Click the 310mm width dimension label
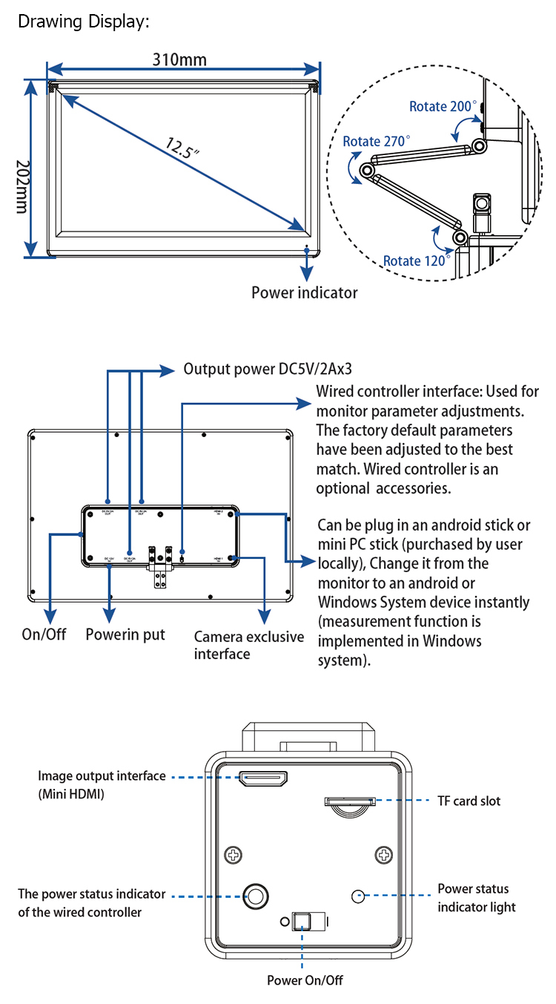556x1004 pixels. (x=180, y=60)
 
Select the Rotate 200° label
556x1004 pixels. (x=443, y=107)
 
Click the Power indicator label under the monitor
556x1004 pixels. (x=304, y=292)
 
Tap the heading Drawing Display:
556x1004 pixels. (x=84, y=22)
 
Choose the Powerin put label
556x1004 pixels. (x=125, y=634)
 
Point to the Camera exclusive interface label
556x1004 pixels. (x=249, y=645)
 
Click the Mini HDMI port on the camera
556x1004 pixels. (x=263, y=779)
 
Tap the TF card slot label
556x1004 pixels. (x=468, y=801)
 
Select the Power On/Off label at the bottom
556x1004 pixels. (x=305, y=980)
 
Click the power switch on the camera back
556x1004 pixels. (x=303, y=922)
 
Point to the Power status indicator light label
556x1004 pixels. (x=476, y=897)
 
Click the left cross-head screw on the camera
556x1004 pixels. (x=234, y=855)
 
